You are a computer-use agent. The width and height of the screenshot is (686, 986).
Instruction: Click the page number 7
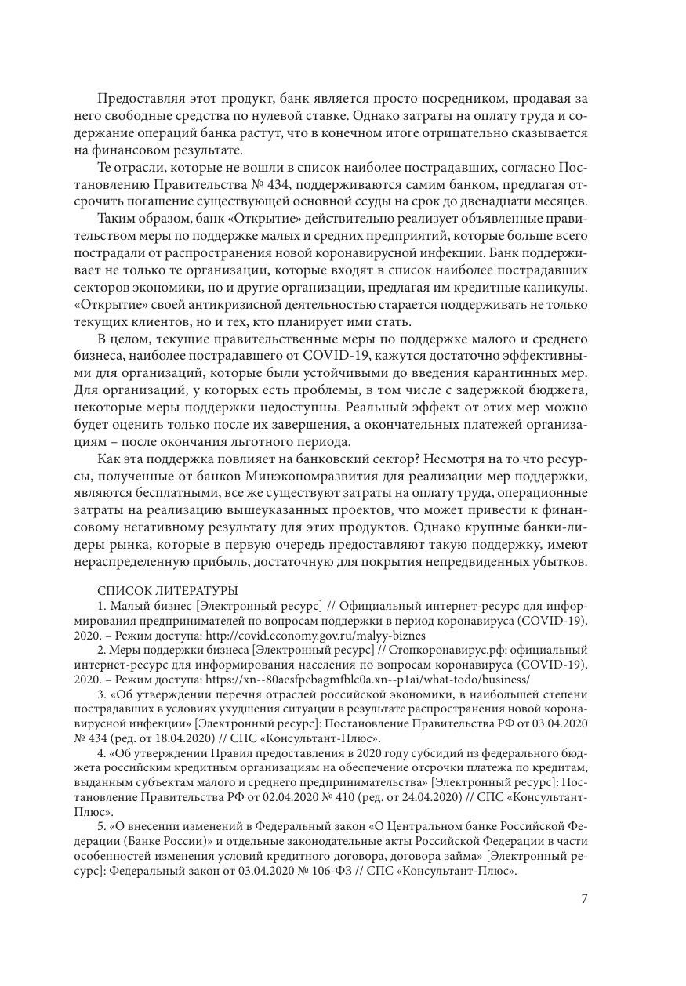(x=584, y=899)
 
